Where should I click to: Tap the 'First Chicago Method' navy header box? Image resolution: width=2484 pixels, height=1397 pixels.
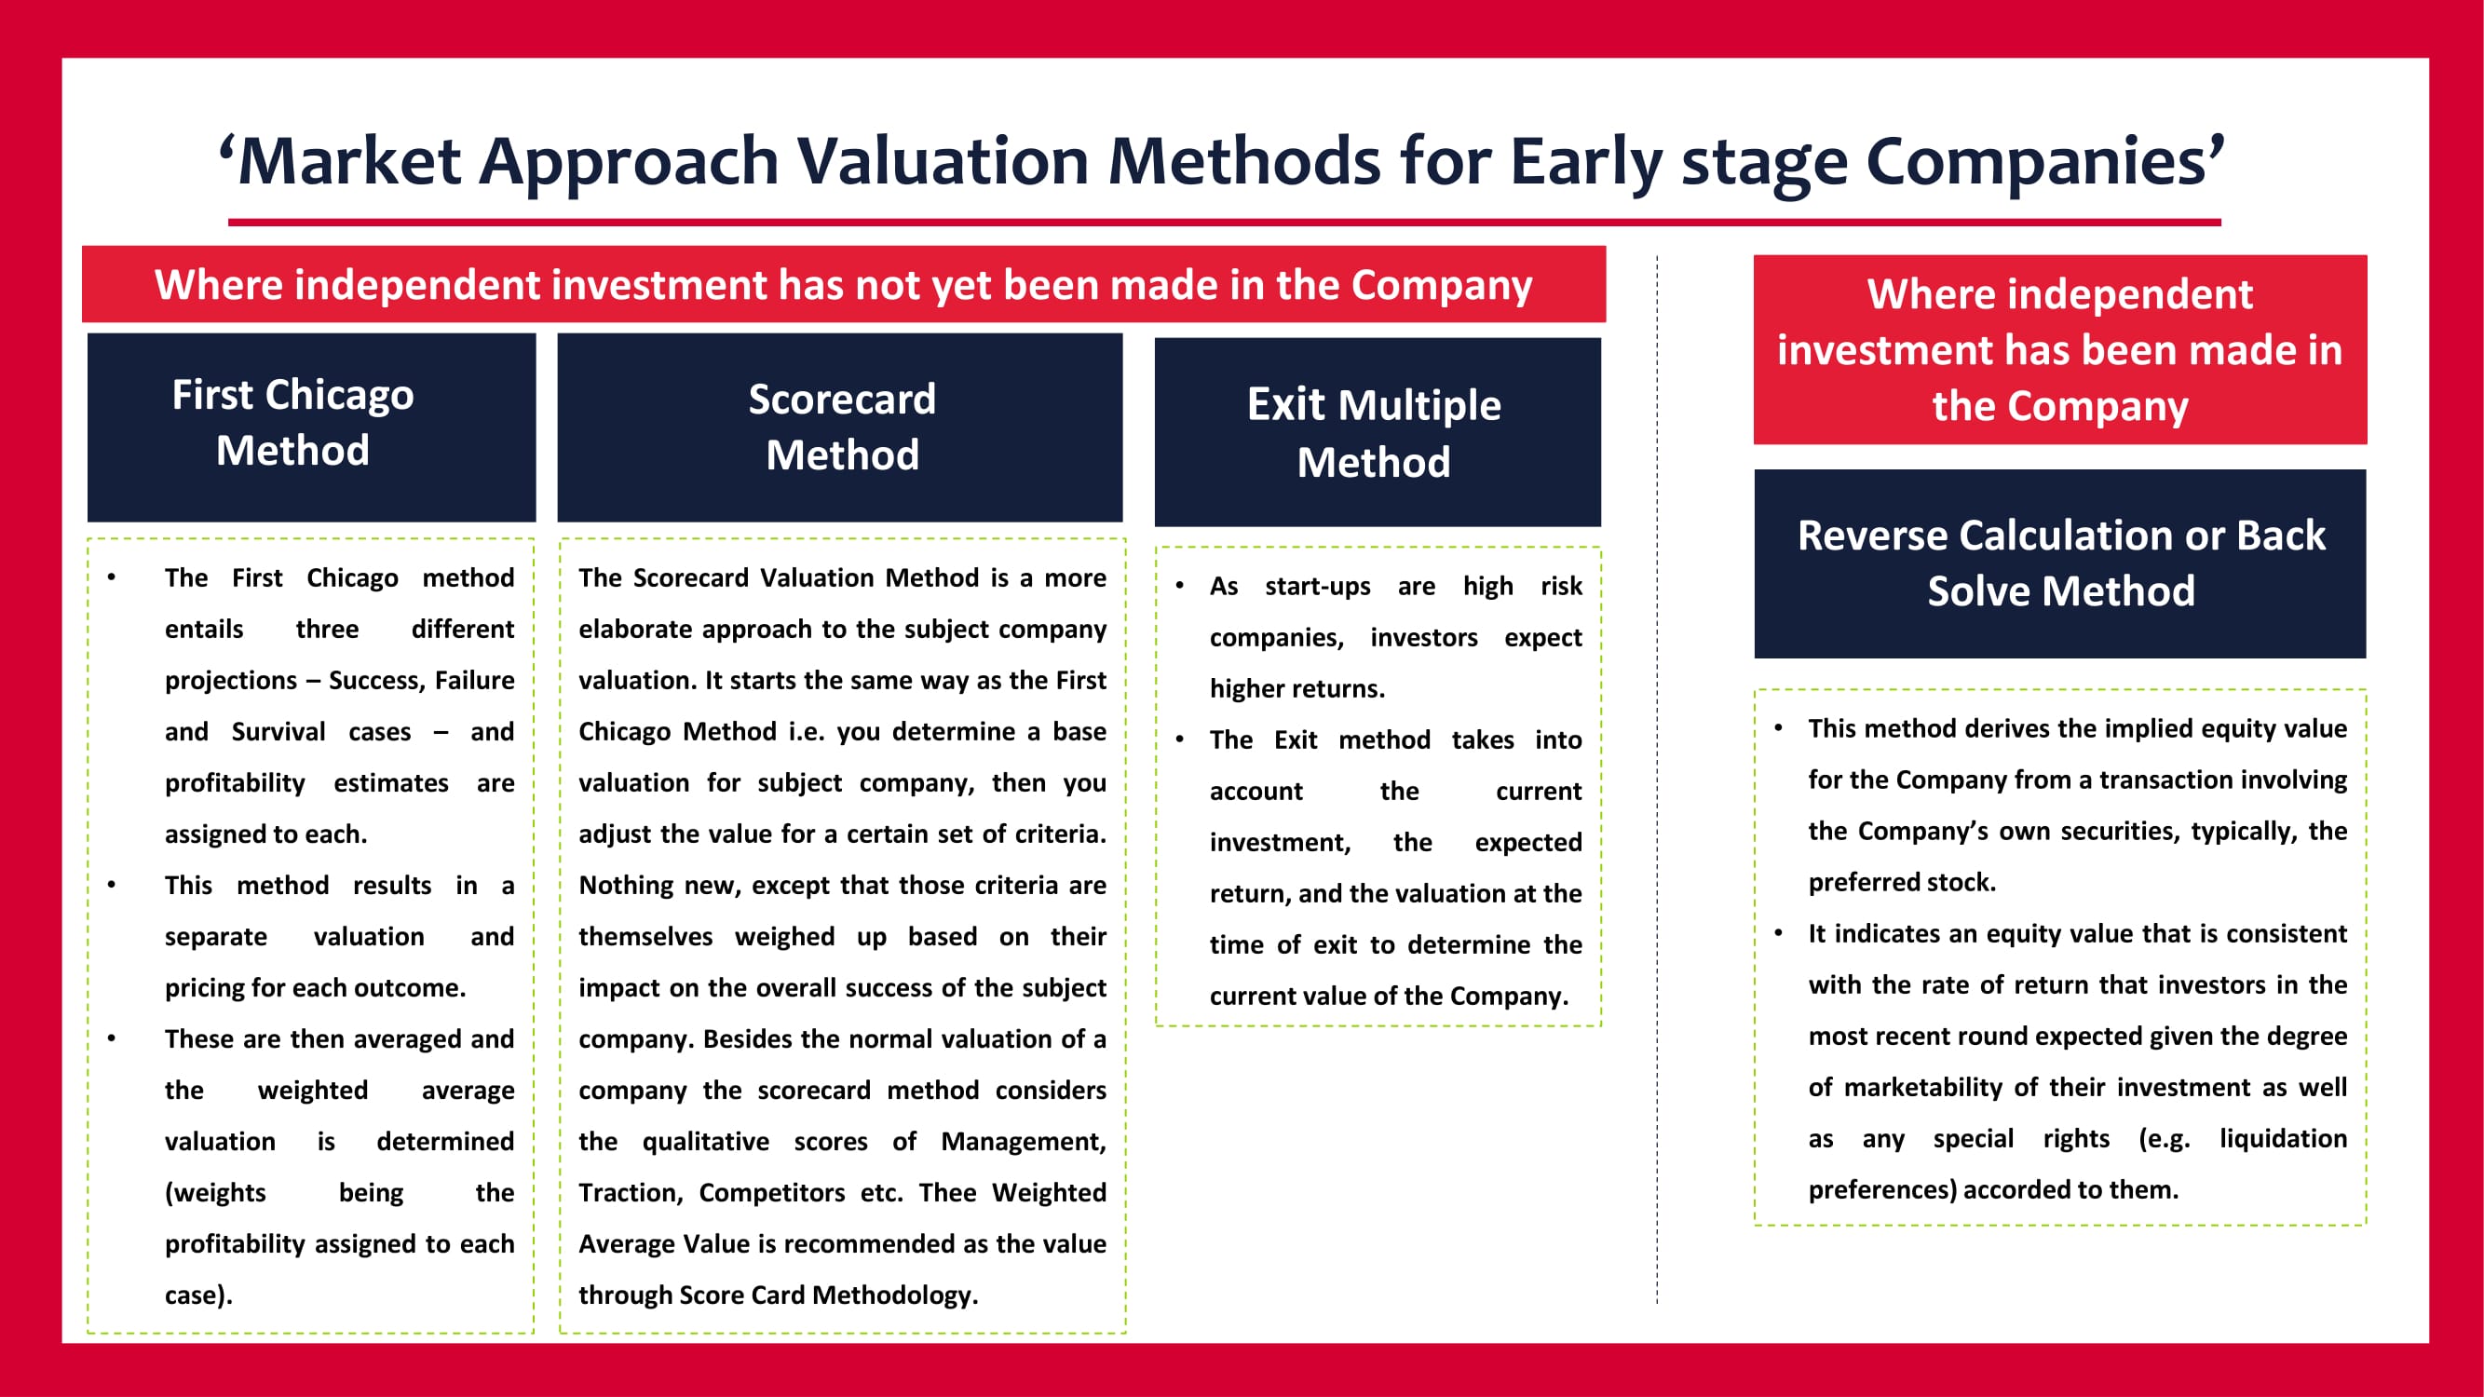tap(311, 427)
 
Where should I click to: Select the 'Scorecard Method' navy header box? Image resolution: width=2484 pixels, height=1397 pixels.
tap(840, 427)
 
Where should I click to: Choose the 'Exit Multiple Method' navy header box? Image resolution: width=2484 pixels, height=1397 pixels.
tap(1378, 432)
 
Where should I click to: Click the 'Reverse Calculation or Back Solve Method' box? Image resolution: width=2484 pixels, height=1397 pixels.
tap(2059, 564)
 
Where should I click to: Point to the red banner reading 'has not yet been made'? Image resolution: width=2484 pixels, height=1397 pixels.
tap(844, 284)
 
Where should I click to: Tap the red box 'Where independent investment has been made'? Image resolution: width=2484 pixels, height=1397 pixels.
tap(2059, 349)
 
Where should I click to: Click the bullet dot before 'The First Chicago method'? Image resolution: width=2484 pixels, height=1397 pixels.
tap(112, 577)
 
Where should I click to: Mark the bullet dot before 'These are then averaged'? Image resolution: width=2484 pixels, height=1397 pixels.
tap(112, 1038)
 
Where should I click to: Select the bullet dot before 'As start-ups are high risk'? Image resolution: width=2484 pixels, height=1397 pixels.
tap(1179, 585)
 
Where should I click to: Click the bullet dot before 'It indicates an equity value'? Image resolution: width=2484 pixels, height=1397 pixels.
tap(1778, 932)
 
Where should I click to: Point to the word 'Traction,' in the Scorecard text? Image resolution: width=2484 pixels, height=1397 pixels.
tap(631, 1193)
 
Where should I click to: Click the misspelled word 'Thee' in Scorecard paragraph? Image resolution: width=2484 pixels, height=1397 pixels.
tap(947, 1193)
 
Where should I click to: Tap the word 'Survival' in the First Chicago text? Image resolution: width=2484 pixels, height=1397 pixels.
tap(278, 732)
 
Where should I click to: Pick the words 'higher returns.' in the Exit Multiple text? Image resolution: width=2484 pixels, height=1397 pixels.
tap(1297, 688)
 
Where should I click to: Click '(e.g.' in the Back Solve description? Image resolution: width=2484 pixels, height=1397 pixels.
tap(2164, 1139)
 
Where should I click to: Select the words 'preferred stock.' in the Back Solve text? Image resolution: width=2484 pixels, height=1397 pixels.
tap(1902, 882)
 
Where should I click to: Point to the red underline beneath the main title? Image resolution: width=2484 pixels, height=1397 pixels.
tap(1225, 223)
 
